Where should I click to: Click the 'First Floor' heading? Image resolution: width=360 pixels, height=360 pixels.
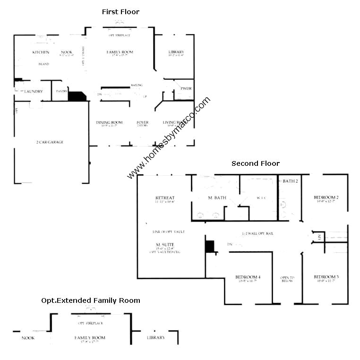pyautogui.click(x=120, y=12)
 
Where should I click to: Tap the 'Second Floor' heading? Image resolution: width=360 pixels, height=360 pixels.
pyautogui.click(x=255, y=163)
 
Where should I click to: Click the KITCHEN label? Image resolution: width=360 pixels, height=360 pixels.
pyautogui.click(x=41, y=52)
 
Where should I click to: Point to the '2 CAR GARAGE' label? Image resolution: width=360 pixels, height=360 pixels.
pyautogui.click(x=50, y=142)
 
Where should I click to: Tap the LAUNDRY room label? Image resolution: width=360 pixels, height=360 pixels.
pyautogui.click(x=34, y=91)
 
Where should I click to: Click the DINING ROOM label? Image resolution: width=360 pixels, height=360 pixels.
pyautogui.click(x=109, y=122)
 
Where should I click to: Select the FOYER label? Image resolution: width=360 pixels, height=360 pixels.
pyautogui.click(x=142, y=122)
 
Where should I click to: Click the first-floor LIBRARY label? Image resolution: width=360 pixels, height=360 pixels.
pyautogui.click(x=176, y=52)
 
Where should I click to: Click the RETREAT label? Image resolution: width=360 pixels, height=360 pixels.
pyautogui.click(x=165, y=197)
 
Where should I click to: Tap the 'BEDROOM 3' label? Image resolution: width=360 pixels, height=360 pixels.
pyautogui.click(x=326, y=276)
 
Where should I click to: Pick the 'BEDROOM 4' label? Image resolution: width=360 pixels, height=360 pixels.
pyautogui.click(x=248, y=276)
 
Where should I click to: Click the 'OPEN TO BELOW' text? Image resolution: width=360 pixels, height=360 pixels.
pyautogui.click(x=287, y=279)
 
